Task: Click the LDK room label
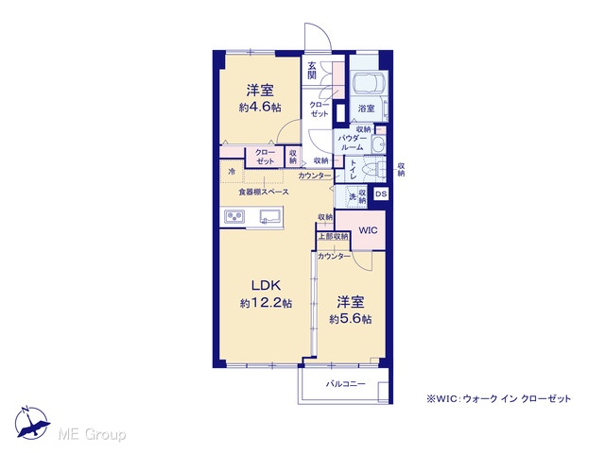(266, 285)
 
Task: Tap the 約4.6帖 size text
(260, 107)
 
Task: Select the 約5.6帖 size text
(351, 319)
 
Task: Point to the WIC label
(368, 230)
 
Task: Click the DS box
(381, 193)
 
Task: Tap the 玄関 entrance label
(312, 70)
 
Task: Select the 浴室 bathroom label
(366, 109)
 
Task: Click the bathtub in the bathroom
(370, 82)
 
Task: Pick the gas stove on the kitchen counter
(234, 216)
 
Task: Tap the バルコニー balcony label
(346, 384)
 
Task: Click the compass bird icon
(32, 423)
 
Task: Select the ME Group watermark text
(93, 434)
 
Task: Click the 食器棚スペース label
(264, 192)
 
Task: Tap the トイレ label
(353, 169)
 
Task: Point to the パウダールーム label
(351, 143)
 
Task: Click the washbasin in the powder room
(378, 144)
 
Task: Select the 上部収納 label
(334, 236)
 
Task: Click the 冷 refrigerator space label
(232, 172)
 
